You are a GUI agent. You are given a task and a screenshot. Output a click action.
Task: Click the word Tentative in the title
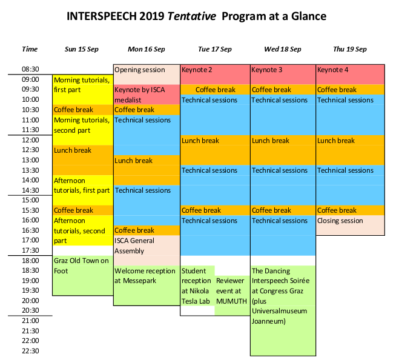pyautogui.click(x=191, y=16)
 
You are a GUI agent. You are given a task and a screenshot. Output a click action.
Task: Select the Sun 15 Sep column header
pyautogui.click(x=81, y=49)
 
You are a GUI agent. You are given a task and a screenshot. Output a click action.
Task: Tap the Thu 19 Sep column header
pyautogui.click(x=350, y=49)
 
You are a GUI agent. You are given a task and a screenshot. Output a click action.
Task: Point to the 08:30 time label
pyautogui.click(x=30, y=69)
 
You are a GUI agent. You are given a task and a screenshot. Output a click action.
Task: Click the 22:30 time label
pyautogui.click(x=30, y=351)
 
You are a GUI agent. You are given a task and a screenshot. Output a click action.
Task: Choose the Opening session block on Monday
pyautogui.click(x=147, y=75)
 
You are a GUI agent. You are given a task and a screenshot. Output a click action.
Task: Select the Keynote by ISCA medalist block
pyautogui.click(x=147, y=95)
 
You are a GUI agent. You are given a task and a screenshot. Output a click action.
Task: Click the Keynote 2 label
pyautogui.click(x=197, y=70)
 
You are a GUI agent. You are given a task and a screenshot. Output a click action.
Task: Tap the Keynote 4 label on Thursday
pyautogui.click(x=332, y=70)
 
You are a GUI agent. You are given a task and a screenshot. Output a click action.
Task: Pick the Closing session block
pyautogui.click(x=350, y=225)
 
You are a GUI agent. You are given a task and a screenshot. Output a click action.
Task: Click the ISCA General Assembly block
pyautogui.click(x=147, y=250)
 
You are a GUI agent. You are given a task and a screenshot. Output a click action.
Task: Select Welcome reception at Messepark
pyautogui.click(x=147, y=285)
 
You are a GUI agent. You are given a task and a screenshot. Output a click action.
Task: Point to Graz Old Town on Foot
pyautogui.click(x=83, y=275)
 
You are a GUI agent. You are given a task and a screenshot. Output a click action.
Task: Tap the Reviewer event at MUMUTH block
pyautogui.click(x=232, y=296)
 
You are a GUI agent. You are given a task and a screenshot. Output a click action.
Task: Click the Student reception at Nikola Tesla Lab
pyautogui.click(x=197, y=286)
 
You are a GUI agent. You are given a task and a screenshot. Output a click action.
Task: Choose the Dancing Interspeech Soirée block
pyautogui.click(x=283, y=310)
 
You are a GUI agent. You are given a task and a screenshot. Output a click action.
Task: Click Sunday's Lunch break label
pyautogui.click(x=73, y=150)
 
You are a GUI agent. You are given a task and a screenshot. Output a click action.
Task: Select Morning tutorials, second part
pyautogui.click(x=82, y=125)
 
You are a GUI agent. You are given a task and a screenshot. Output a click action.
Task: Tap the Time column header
pyautogui.click(x=30, y=49)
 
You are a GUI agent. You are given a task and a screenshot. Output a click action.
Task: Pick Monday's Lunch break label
pyautogui.click(x=133, y=161)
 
